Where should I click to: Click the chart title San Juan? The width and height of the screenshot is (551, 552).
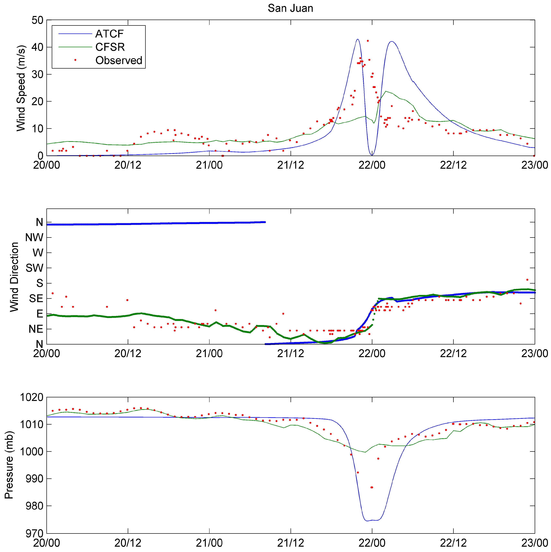click(290, 8)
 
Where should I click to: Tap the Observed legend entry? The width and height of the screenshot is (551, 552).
click(119, 60)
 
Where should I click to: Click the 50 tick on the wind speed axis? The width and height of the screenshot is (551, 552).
click(37, 20)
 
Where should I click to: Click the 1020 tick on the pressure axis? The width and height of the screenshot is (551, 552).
click(31, 397)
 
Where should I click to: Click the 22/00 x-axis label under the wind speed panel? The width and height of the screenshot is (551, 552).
click(372, 165)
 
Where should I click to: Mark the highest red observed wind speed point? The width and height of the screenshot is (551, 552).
click(368, 41)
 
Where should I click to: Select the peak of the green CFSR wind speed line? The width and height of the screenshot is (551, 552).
click(386, 91)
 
